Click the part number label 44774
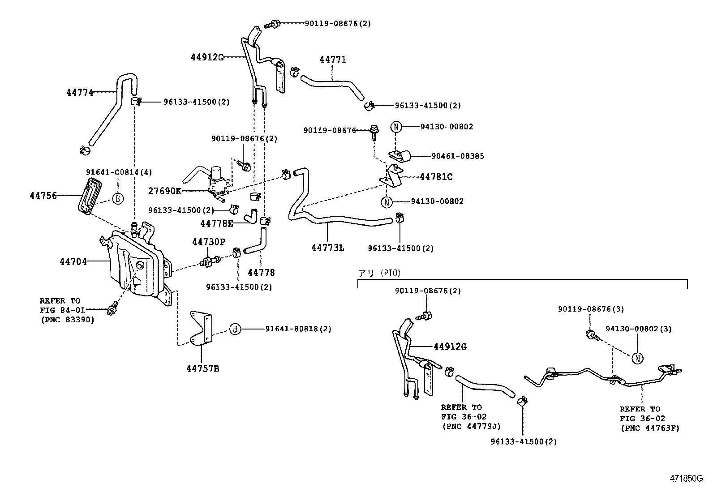[80, 93]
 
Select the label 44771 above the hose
[333, 60]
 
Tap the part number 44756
[43, 196]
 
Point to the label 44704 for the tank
[73, 261]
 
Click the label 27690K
[164, 191]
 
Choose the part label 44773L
[328, 248]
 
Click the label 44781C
[436, 177]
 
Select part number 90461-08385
[457, 156]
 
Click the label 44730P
[208, 242]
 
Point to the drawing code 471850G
[686, 478]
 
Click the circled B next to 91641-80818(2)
[235, 329]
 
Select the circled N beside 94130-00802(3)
[637, 358]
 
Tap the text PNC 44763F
[649, 428]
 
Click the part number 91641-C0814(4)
[119, 172]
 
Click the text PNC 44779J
[471, 426]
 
